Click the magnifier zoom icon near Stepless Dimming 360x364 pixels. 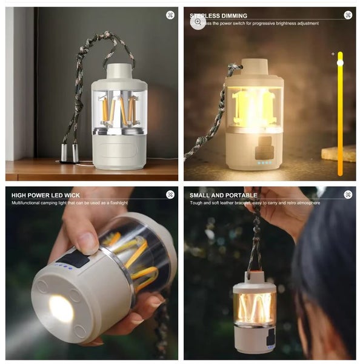click(x=198, y=22)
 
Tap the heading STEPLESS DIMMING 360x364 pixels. click(x=218, y=16)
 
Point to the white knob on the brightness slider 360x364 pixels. click(x=340, y=62)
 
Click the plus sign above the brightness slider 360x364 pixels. click(x=333, y=54)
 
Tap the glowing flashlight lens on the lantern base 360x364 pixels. click(x=61, y=309)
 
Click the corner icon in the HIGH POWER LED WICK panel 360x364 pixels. click(x=170, y=195)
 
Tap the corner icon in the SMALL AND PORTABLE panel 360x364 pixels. click(x=348, y=195)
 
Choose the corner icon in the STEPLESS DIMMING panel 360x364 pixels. click(x=348, y=15)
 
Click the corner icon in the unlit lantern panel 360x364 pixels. click(x=170, y=15)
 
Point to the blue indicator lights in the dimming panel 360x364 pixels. click(x=263, y=163)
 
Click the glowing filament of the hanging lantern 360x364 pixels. click(x=255, y=308)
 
